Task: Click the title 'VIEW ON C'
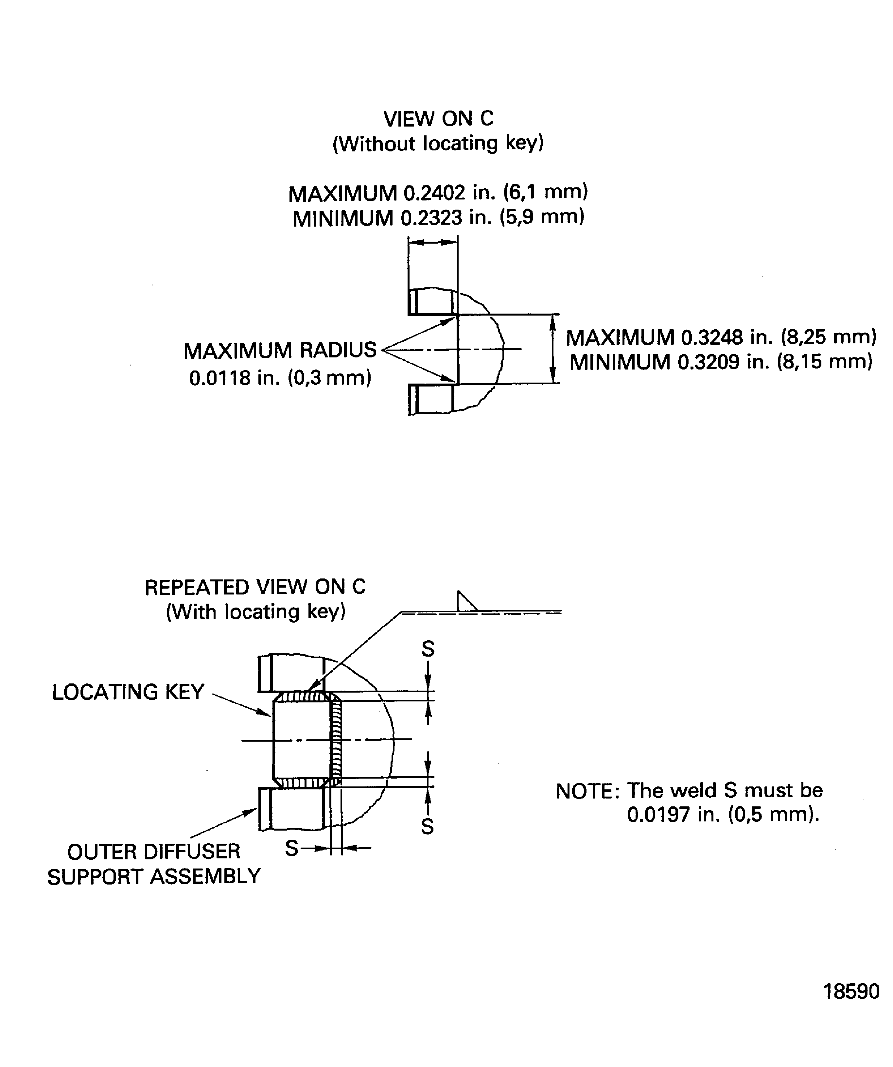coord(438,119)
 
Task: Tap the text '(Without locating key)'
coord(438,144)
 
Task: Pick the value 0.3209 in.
coord(723,362)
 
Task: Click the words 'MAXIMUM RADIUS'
coord(280,351)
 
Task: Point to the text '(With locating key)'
coord(256,612)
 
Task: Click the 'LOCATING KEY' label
coord(128,692)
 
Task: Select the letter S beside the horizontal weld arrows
coord(292,848)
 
